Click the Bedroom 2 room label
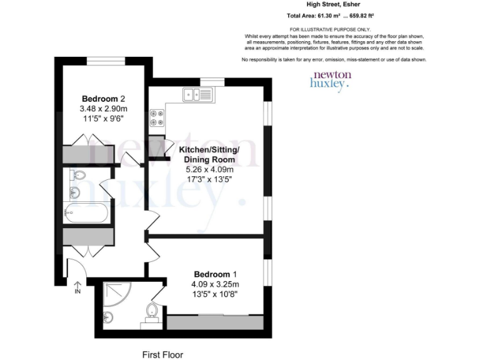104,99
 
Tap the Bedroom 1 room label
215,274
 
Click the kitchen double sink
198,94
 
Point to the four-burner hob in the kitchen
156,118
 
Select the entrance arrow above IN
77,282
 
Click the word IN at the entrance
77,291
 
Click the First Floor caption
163,354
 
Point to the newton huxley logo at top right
331,81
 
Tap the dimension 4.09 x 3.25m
215,284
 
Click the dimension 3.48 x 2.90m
104,109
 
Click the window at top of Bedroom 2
104,60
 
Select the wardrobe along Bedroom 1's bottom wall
214,322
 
